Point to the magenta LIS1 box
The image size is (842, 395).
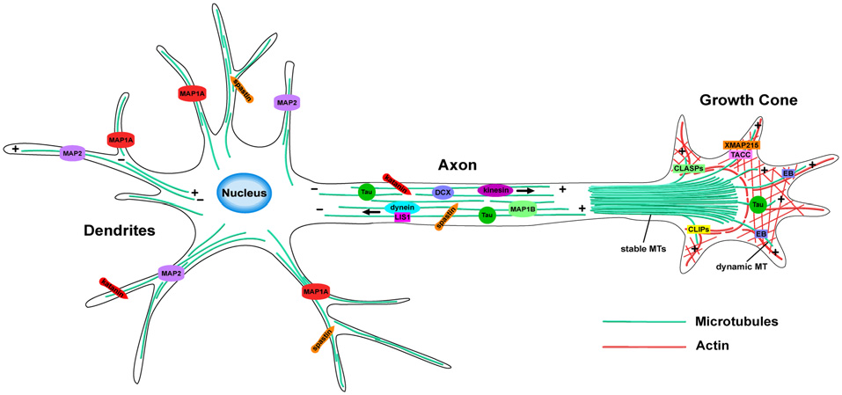pyautogui.click(x=403, y=217)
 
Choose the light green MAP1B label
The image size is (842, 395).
pyautogui.click(x=523, y=209)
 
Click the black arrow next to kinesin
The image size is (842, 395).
pyautogui.click(x=525, y=189)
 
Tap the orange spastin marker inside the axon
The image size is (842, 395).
pyautogui.click(x=447, y=216)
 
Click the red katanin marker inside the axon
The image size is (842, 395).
pyautogui.click(x=396, y=183)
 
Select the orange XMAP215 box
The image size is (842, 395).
pyautogui.click(x=740, y=144)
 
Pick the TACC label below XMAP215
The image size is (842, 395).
pyautogui.click(x=740, y=154)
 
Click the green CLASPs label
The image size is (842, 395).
pyautogui.click(x=688, y=167)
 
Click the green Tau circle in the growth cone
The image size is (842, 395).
pyautogui.click(x=757, y=205)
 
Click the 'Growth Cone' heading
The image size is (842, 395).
pyautogui.click(x=748, y=100)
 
